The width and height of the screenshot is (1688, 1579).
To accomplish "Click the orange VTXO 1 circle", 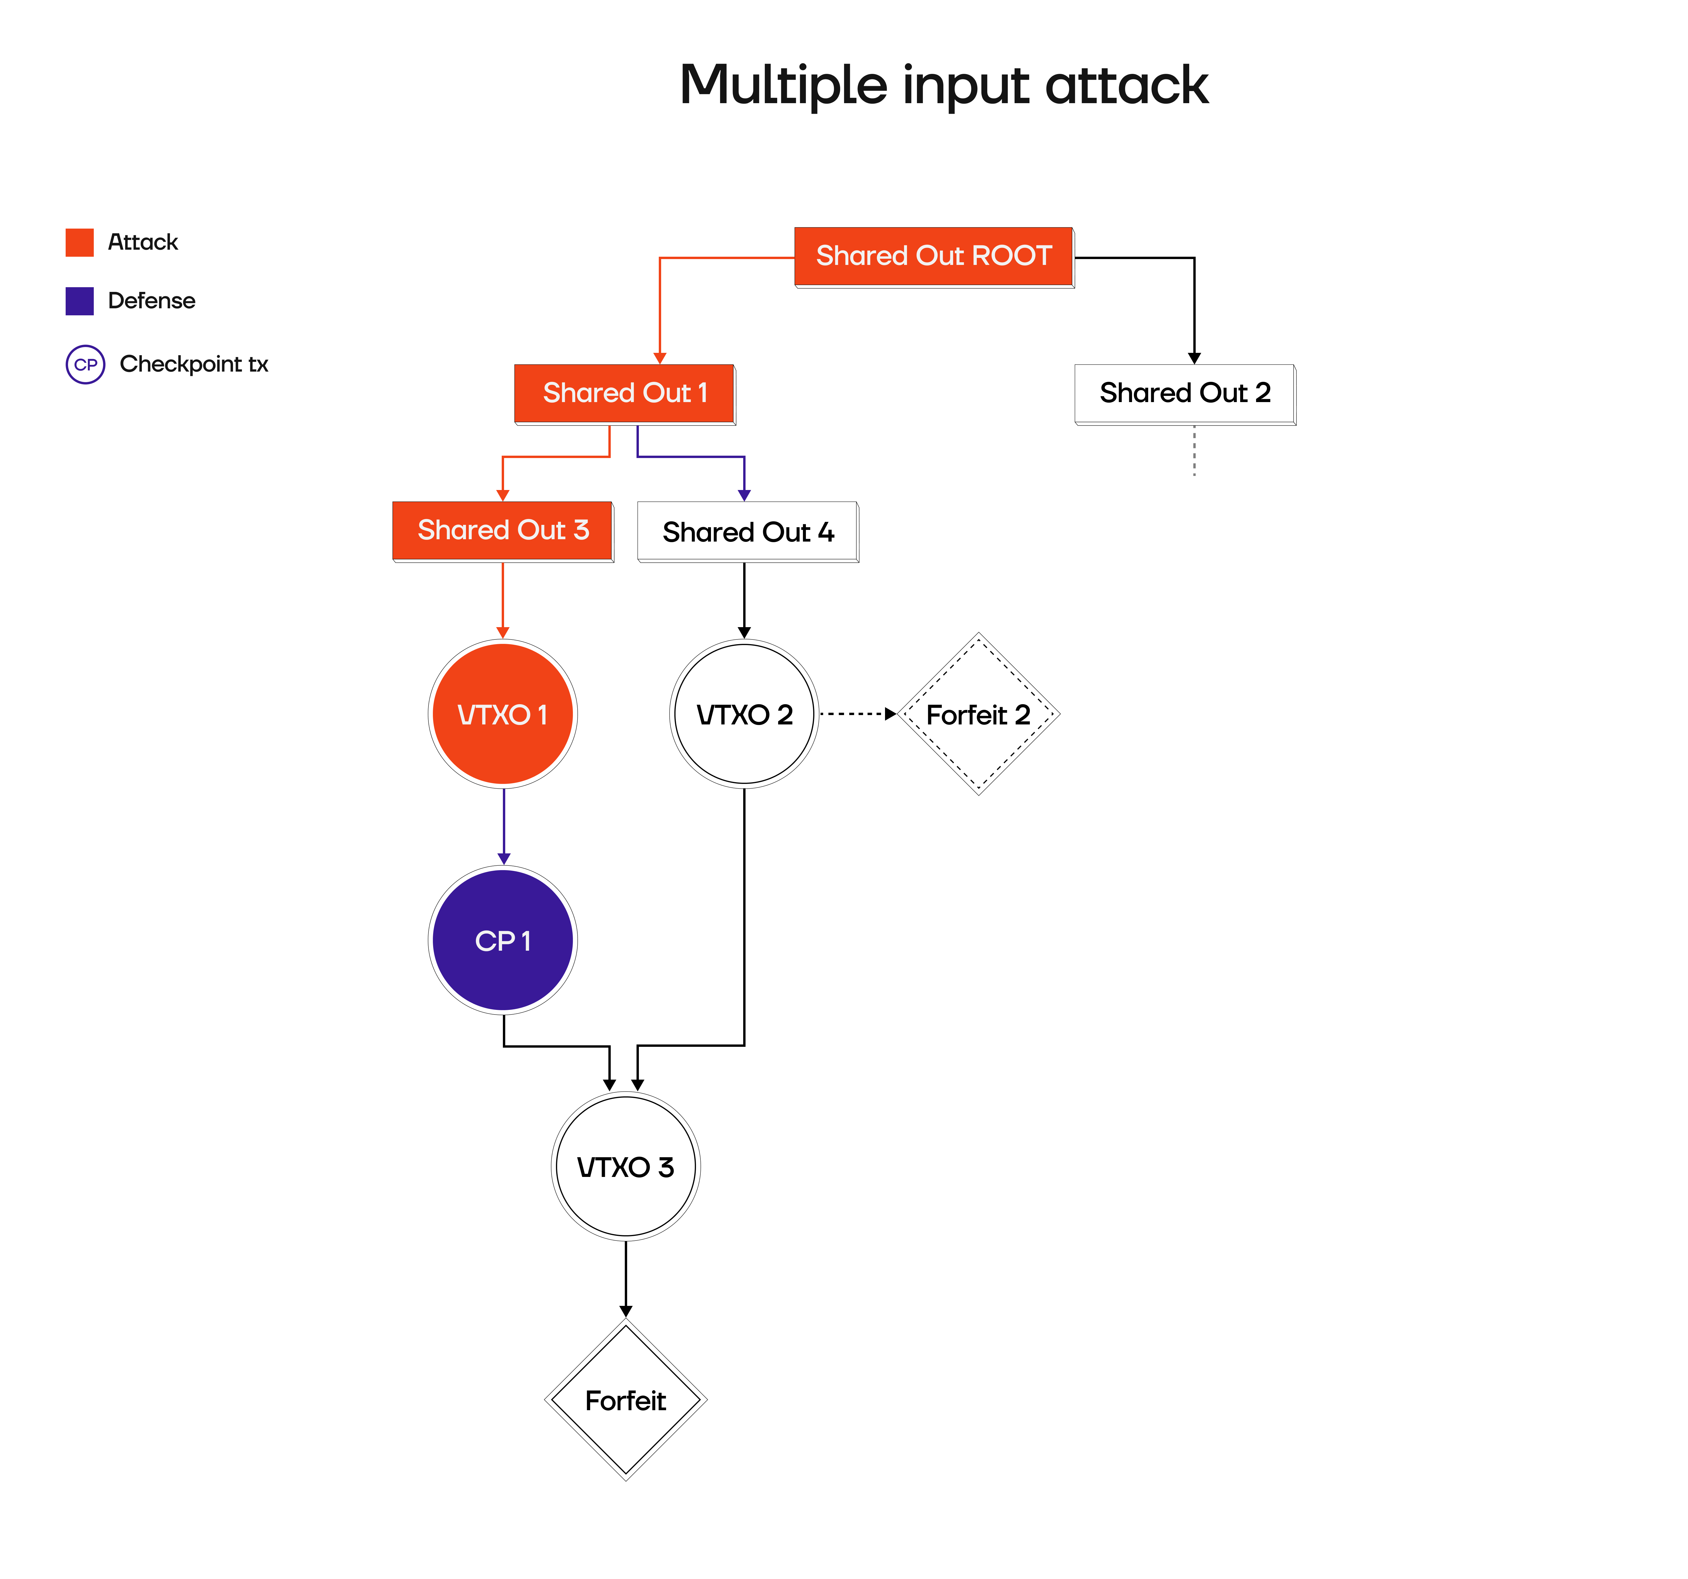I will [503, 714].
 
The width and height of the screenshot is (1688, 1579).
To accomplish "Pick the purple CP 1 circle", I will [503, 940].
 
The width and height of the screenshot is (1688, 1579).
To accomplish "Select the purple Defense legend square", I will [80, 300].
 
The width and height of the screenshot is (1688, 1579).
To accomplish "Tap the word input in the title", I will [965, 86].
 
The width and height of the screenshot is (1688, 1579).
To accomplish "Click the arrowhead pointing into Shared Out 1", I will [660, 358].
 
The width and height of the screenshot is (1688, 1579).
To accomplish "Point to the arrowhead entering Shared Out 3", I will [503, 495].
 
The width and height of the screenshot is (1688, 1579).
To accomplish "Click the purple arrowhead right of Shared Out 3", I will [744, 495].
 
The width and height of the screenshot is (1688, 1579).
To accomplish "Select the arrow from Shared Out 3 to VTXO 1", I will [503, 598].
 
